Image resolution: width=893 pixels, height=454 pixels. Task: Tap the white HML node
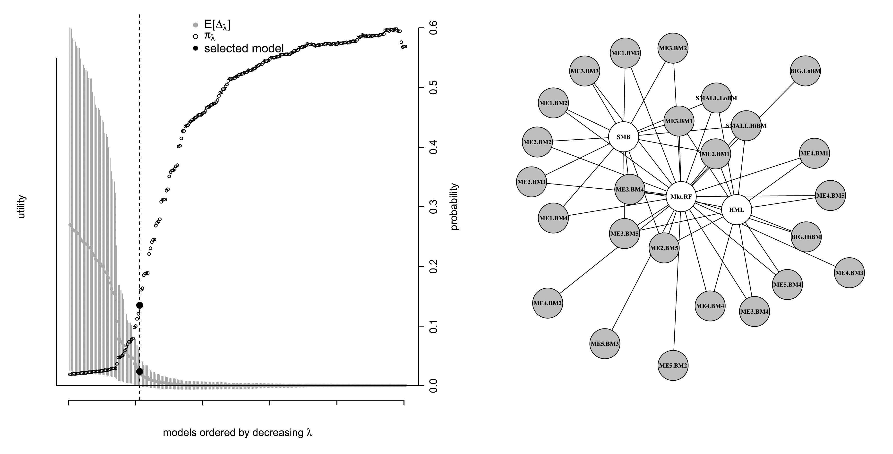(736, 210)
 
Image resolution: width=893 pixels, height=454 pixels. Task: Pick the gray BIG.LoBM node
(805, 71)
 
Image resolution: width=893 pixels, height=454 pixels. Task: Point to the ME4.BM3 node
(849, 273)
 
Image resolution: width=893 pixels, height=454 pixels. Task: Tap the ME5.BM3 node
(605, 344)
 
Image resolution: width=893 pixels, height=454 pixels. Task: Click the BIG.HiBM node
(806, 237)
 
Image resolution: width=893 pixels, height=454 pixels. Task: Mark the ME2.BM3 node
(531, 182)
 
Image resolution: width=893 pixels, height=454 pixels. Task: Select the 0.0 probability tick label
(433, 385)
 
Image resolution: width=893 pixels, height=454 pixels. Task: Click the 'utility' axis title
(21, 207)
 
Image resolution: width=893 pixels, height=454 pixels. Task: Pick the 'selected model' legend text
(244, 49)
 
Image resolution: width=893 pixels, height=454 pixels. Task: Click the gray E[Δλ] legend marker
(196, 25)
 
